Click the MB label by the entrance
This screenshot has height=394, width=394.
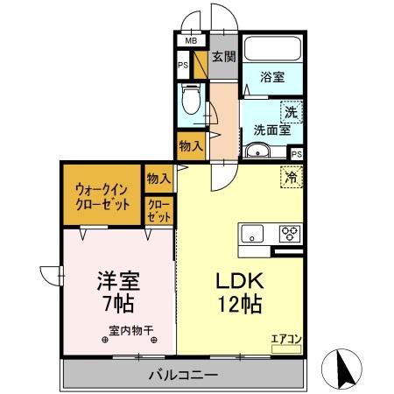click(188, 40)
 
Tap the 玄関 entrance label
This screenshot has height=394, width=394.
click(223, 58)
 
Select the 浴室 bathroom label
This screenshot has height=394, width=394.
click(272, 77)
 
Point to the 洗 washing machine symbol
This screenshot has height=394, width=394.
click(291, 111)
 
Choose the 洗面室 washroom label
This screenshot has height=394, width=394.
click(271, 130)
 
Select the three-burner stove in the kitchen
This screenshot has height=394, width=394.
click(288, 233)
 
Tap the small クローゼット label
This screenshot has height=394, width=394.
click(159, 212)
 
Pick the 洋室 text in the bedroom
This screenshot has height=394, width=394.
click(118, 283)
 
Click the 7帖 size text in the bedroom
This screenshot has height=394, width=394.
click(118, 306)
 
